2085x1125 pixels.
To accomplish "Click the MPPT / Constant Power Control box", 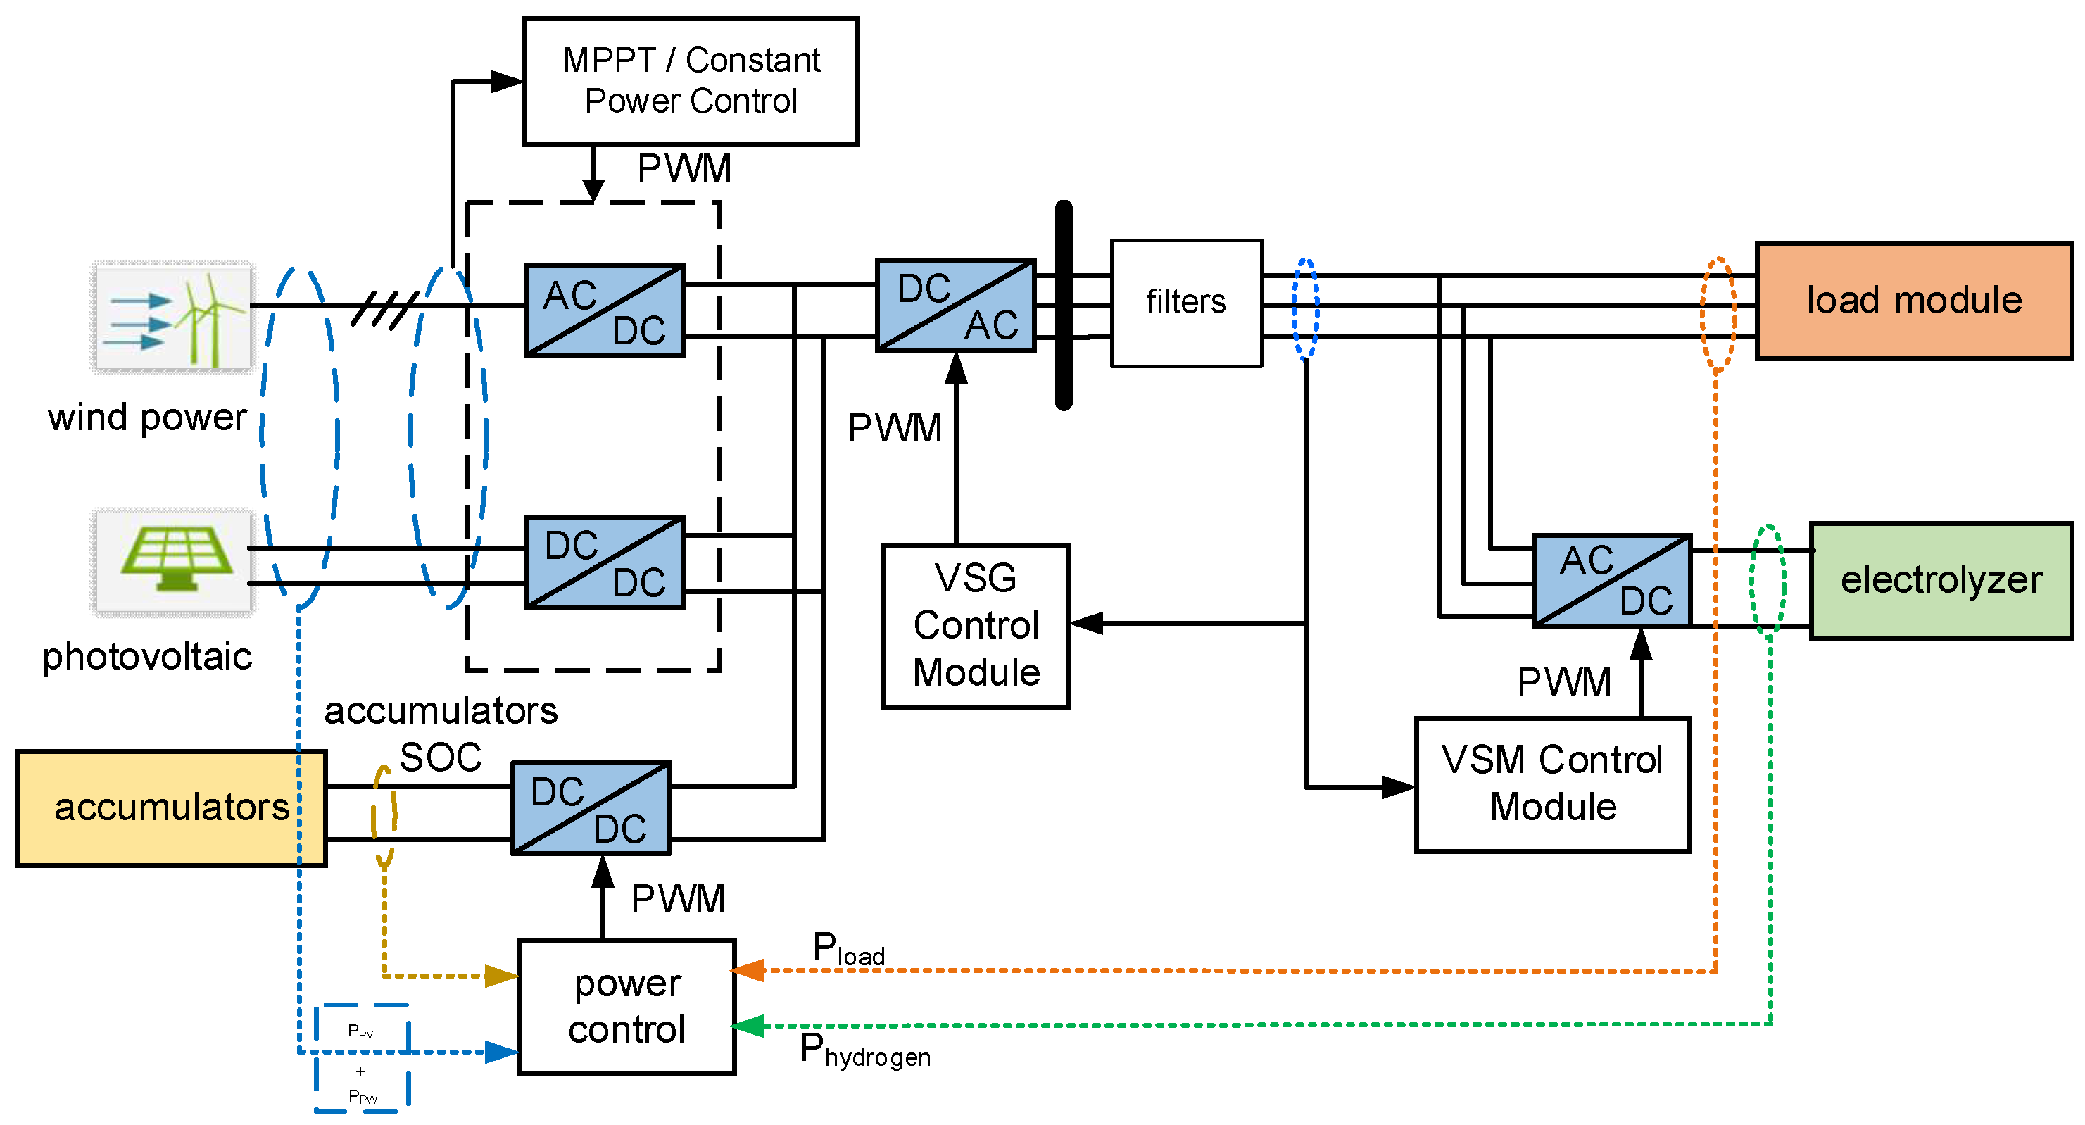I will tap(691, 81).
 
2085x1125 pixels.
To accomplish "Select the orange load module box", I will tap(1913, 301).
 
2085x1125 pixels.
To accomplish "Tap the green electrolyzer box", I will tap(1941, 580).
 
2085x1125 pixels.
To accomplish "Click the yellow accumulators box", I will tap(171, 807).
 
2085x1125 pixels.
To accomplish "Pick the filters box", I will tap(1186, 303).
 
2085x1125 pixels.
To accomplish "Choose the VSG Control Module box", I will tap(976, 626).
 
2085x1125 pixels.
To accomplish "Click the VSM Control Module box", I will tap(1552, 784).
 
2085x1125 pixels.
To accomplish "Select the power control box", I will tap(626, 1006).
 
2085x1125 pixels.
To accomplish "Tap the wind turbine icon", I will tap(172, 318).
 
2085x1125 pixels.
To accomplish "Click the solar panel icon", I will tap(172, 562).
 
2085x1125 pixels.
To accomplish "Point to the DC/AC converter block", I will tap(956, 305).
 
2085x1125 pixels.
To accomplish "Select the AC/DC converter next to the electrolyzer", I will tap(1612, 580).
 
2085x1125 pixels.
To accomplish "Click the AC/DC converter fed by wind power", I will tap(604, 310).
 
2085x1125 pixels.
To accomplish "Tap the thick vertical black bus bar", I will tap(1064, 305).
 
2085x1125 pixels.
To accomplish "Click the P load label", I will tap(848, 948).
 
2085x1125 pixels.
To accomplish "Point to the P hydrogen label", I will tap(864, 1050).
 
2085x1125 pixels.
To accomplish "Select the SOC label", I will tap(441, 758).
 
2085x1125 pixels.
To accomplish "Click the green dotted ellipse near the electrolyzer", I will tap(1768, 579).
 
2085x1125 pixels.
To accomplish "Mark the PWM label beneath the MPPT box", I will tap(684, 169).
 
